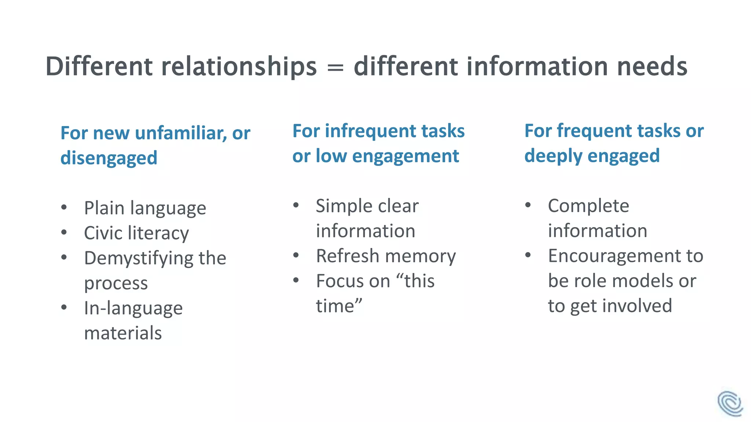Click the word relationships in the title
tap(239, 67)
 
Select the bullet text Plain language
tap(145, 208)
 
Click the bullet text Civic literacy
tap(136, 233)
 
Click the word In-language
tap(133, 308)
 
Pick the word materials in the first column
tap(123, 333)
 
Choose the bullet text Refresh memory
tap(386, 256)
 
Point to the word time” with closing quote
tap(339, 306)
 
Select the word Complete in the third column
tap(588, 206)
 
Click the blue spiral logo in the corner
tap(730, 404)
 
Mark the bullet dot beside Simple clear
tap(296, 205)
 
